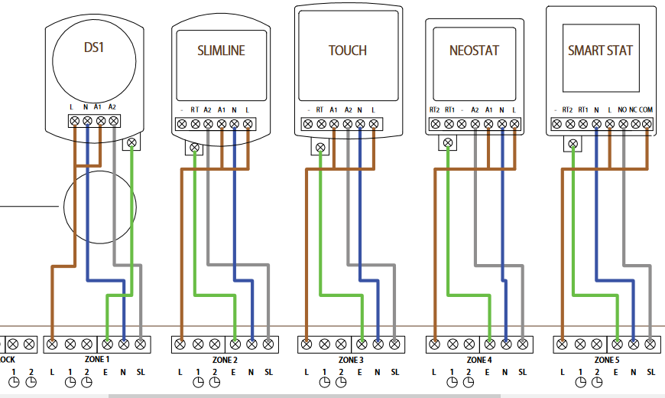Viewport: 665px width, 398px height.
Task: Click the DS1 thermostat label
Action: point(93,47)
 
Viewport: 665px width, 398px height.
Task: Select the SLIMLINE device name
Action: point(221,51)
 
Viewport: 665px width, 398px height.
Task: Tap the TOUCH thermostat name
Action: point(348,51)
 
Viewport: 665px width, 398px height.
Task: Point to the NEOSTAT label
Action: point(474,51)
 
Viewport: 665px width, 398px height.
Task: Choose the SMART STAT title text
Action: point(600,51)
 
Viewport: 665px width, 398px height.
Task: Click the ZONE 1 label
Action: point(96,359)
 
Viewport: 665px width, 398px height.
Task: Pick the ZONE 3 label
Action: point(350,359)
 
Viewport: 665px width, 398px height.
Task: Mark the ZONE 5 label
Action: point(606,359)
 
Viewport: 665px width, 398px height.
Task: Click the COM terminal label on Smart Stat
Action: point(646,109)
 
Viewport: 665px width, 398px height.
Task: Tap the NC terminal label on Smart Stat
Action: point(634,109)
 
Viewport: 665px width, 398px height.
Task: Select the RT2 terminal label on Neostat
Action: point(435,109)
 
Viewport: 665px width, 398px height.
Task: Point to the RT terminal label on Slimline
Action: point(195,110)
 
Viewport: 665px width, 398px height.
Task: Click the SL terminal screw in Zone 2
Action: point(268,344)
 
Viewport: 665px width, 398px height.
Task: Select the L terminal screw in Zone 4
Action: point(435,344)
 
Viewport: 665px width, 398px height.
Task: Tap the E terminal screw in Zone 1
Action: point(107,344)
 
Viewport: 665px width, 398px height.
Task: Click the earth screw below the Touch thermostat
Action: point(320,145)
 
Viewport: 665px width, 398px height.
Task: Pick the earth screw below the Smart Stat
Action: point(573,143)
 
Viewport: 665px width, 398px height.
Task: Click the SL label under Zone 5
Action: point(650,373)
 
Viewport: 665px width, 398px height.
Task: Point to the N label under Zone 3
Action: point(378,373)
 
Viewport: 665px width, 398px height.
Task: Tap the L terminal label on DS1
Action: point(72,106)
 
